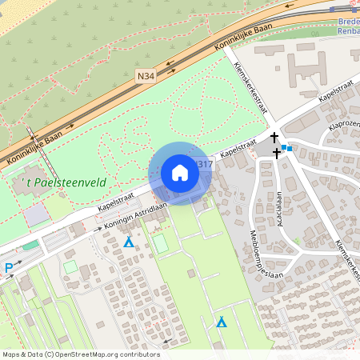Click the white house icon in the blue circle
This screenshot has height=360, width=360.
click(x=180, y=173)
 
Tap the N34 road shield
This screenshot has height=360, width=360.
click(x=145, y=76)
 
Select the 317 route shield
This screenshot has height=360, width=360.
click(x=205, y=165)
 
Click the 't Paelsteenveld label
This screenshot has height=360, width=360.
click(x=62, y=182)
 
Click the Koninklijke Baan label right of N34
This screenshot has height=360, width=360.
click(x=245, y=37)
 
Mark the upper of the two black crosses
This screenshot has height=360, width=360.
click(x=275, y=138)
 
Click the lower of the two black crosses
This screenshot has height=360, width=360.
click(x=277, y=152)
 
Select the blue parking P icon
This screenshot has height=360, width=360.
click(x=9, y=268)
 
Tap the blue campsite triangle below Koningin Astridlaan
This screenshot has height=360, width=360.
click(x=128, y=242)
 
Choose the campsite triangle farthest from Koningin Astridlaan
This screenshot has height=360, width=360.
click(x=222, y=322)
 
